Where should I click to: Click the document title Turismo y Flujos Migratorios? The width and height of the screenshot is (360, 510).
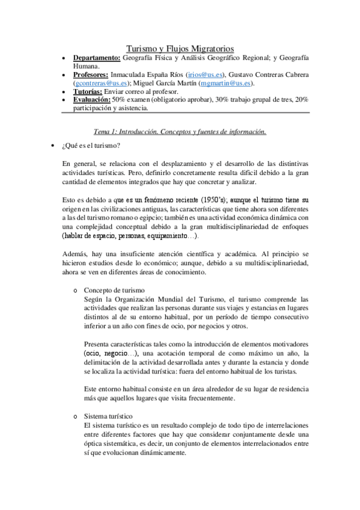[x=180, y=48]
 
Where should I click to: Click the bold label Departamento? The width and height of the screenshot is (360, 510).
[x=97, y=58]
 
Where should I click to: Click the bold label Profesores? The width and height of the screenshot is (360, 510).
[x=91, y=75]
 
